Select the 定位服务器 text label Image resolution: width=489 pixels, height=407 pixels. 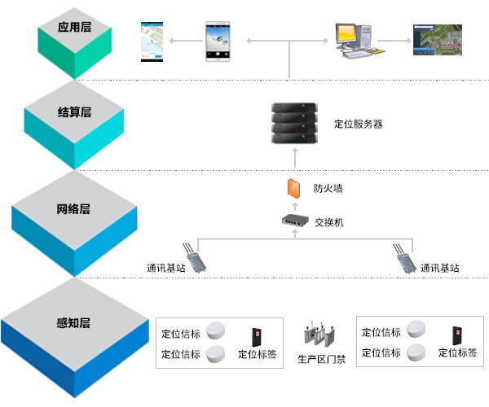coord(358,125)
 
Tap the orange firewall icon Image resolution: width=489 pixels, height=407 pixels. coord(294,188)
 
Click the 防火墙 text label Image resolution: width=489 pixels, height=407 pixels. coord(328,188)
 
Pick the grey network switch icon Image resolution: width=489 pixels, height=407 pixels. coord(294,221)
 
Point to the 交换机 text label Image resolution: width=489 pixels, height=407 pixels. coord(328,221)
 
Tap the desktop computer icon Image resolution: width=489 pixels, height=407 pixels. coord(354,41)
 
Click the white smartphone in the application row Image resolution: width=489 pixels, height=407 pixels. coord(217,39)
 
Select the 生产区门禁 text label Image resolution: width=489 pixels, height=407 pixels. coord(320,359)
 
